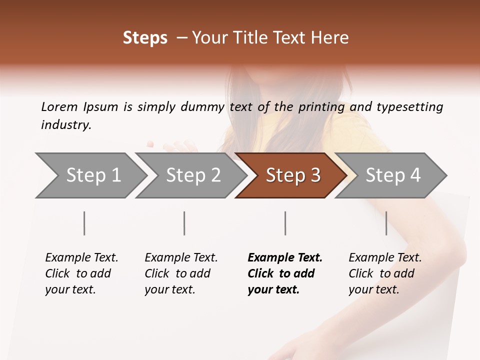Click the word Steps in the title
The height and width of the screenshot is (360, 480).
[145, 38]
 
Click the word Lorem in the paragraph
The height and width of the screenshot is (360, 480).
[59, 106]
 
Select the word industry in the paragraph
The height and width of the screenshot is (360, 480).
[66, 125]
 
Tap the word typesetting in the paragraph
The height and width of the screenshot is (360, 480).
[409, 106]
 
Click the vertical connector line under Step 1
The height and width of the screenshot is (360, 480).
[84, 223]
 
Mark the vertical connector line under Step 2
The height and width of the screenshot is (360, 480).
[184, 223]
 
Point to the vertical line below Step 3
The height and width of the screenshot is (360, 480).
[285, 223]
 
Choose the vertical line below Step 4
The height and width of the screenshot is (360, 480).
[386, 223]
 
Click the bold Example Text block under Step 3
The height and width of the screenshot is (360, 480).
[283, 273]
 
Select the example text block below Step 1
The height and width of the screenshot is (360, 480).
[81, 273]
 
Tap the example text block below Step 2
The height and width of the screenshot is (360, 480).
[180, 273]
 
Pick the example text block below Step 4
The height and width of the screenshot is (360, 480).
[384, 273]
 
